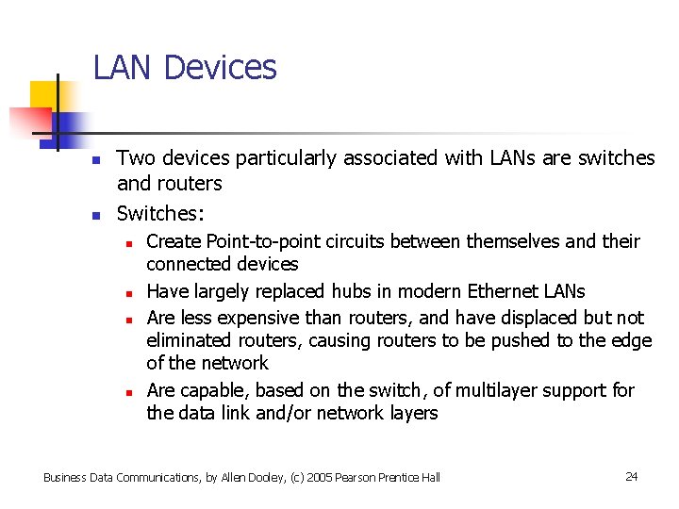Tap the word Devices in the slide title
tap(220, 68)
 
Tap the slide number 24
tap(631, 477)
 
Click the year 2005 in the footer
tap(290, 478)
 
